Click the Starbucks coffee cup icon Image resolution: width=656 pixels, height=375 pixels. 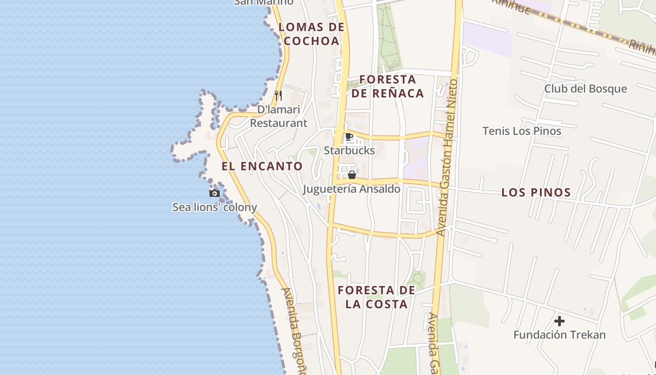coord(349,137)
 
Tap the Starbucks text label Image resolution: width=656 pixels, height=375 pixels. coord(349,150)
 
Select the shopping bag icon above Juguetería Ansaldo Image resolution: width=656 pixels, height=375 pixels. coord(352,175)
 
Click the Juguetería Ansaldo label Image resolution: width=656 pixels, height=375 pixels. coord(351,189)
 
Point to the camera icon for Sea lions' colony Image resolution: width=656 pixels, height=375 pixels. coord(215,193)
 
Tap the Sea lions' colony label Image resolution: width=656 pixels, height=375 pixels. coord(215,207)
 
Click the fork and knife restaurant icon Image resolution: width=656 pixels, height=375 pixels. coord(278,96)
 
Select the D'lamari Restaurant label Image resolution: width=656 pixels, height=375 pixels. coord(278,116)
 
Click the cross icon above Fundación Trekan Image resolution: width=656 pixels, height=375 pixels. coord(559,321)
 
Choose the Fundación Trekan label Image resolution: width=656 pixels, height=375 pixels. coord(559,335)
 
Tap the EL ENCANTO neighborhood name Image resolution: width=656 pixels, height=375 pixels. coord(262,166)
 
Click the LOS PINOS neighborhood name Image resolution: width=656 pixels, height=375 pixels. coord(536,192)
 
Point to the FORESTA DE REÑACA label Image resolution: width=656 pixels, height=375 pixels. coord(388,86)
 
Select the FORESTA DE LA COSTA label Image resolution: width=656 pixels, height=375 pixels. coord(376,297)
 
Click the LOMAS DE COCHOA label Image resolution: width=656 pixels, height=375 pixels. coord(312,34)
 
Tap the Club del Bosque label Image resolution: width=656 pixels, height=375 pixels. coord(585,89)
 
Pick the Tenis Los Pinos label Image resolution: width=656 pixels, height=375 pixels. coord(522,131)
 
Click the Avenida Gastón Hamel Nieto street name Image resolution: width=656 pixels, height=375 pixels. coord(447,157)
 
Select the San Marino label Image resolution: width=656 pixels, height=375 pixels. coord(263,2)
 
